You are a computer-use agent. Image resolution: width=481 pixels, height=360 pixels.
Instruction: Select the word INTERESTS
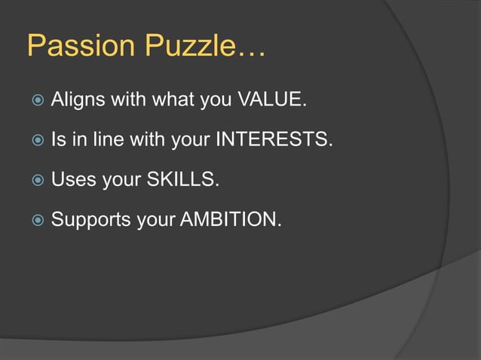coord(274,140)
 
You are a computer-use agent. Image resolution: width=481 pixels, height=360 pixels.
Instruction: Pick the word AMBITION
coord(231,220)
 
